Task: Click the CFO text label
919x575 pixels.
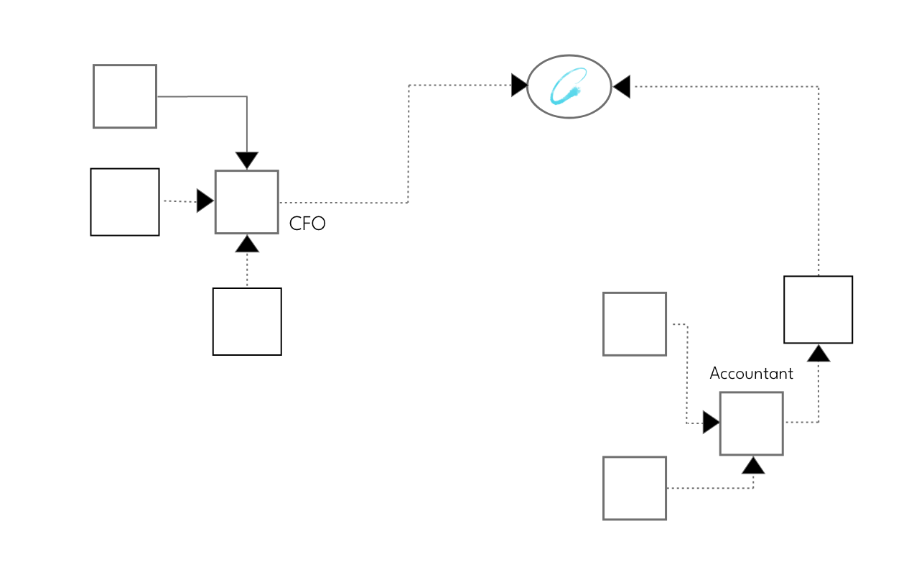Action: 307,224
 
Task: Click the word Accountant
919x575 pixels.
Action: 751,374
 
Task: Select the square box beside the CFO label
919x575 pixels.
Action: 247,202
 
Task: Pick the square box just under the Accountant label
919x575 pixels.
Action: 751,423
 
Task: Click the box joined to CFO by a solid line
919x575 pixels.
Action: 125,96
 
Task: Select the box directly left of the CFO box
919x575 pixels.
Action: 125,202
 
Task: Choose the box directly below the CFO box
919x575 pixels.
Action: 247,321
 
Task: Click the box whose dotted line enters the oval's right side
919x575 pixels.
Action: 818,310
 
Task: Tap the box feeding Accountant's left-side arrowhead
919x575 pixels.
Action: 635,324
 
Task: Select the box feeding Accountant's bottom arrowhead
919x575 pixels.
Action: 635,488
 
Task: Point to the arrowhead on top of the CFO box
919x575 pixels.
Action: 247,161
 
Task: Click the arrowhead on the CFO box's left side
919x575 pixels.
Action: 205,201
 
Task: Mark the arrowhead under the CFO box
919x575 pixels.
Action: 247,244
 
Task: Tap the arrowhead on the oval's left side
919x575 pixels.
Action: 519,86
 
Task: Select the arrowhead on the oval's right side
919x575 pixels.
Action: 621,87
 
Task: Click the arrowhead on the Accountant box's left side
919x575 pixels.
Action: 711,423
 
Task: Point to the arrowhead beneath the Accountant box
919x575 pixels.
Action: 753,466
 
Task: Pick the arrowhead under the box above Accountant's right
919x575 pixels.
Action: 818,353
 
